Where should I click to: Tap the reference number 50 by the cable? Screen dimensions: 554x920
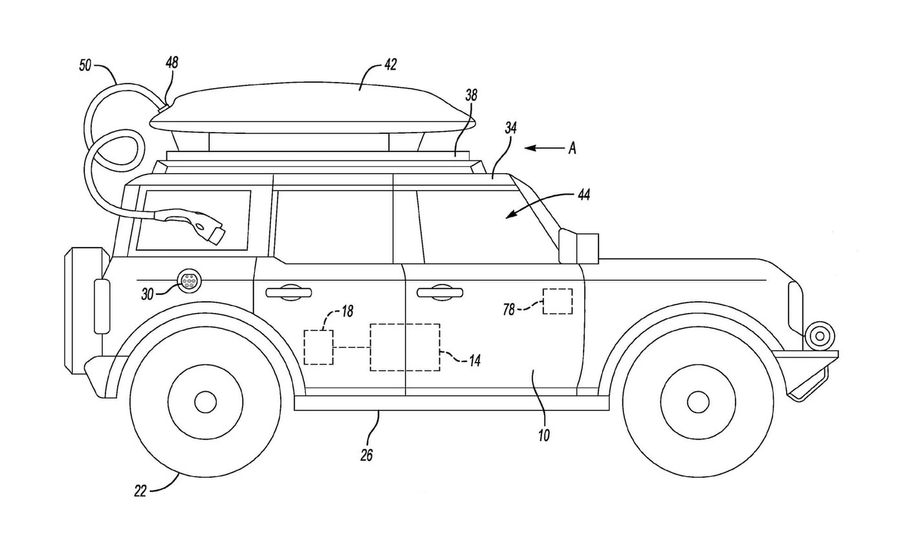point(85,65)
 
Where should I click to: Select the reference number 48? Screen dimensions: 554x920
point(171,63)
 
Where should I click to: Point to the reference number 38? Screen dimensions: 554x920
point(471,95)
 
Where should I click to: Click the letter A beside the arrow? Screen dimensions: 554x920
point(572,149)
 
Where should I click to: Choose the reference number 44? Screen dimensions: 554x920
point(583,193)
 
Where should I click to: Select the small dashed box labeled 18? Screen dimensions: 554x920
point(318,347)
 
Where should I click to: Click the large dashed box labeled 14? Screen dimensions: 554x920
point(404,347)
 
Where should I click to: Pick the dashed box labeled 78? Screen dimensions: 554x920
point(557,301)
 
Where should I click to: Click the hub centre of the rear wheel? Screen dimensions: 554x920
point(205,402)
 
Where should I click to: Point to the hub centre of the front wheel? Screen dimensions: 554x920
point(698,402)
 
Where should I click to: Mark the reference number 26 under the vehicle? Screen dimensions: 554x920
point(366,455)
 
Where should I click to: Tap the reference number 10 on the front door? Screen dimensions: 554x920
point(543,435)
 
